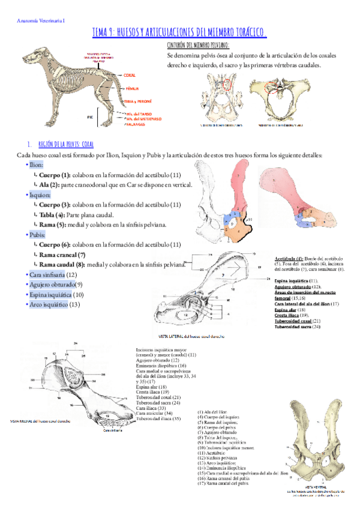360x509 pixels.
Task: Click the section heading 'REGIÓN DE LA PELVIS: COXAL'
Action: coord(66,145)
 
